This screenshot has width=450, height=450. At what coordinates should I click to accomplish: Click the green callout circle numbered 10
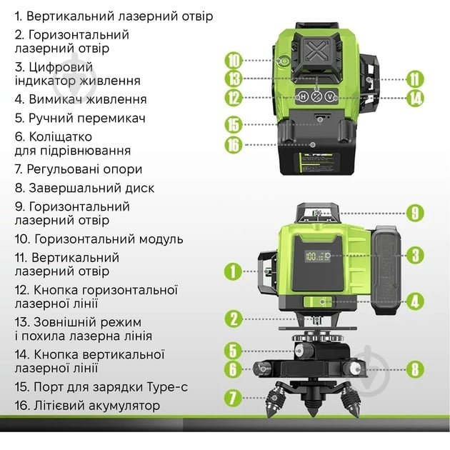234,61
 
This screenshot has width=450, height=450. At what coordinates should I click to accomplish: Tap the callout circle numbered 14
415,98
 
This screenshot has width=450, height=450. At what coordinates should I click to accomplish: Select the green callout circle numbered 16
234,145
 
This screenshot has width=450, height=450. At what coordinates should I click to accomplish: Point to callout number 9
415,214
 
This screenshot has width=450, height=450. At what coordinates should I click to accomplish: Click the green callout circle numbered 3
415,256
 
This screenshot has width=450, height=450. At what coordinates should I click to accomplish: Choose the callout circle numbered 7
233,398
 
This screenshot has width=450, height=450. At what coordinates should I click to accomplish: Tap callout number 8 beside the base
415,369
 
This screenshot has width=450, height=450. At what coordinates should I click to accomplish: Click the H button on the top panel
303,96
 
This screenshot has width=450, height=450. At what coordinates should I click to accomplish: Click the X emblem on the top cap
316,51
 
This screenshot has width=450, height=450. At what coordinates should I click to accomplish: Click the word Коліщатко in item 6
61,136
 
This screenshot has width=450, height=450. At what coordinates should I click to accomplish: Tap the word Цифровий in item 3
61,68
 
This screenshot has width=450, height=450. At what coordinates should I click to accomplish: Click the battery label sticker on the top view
316,163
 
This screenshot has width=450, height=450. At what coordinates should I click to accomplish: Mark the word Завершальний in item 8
75,189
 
